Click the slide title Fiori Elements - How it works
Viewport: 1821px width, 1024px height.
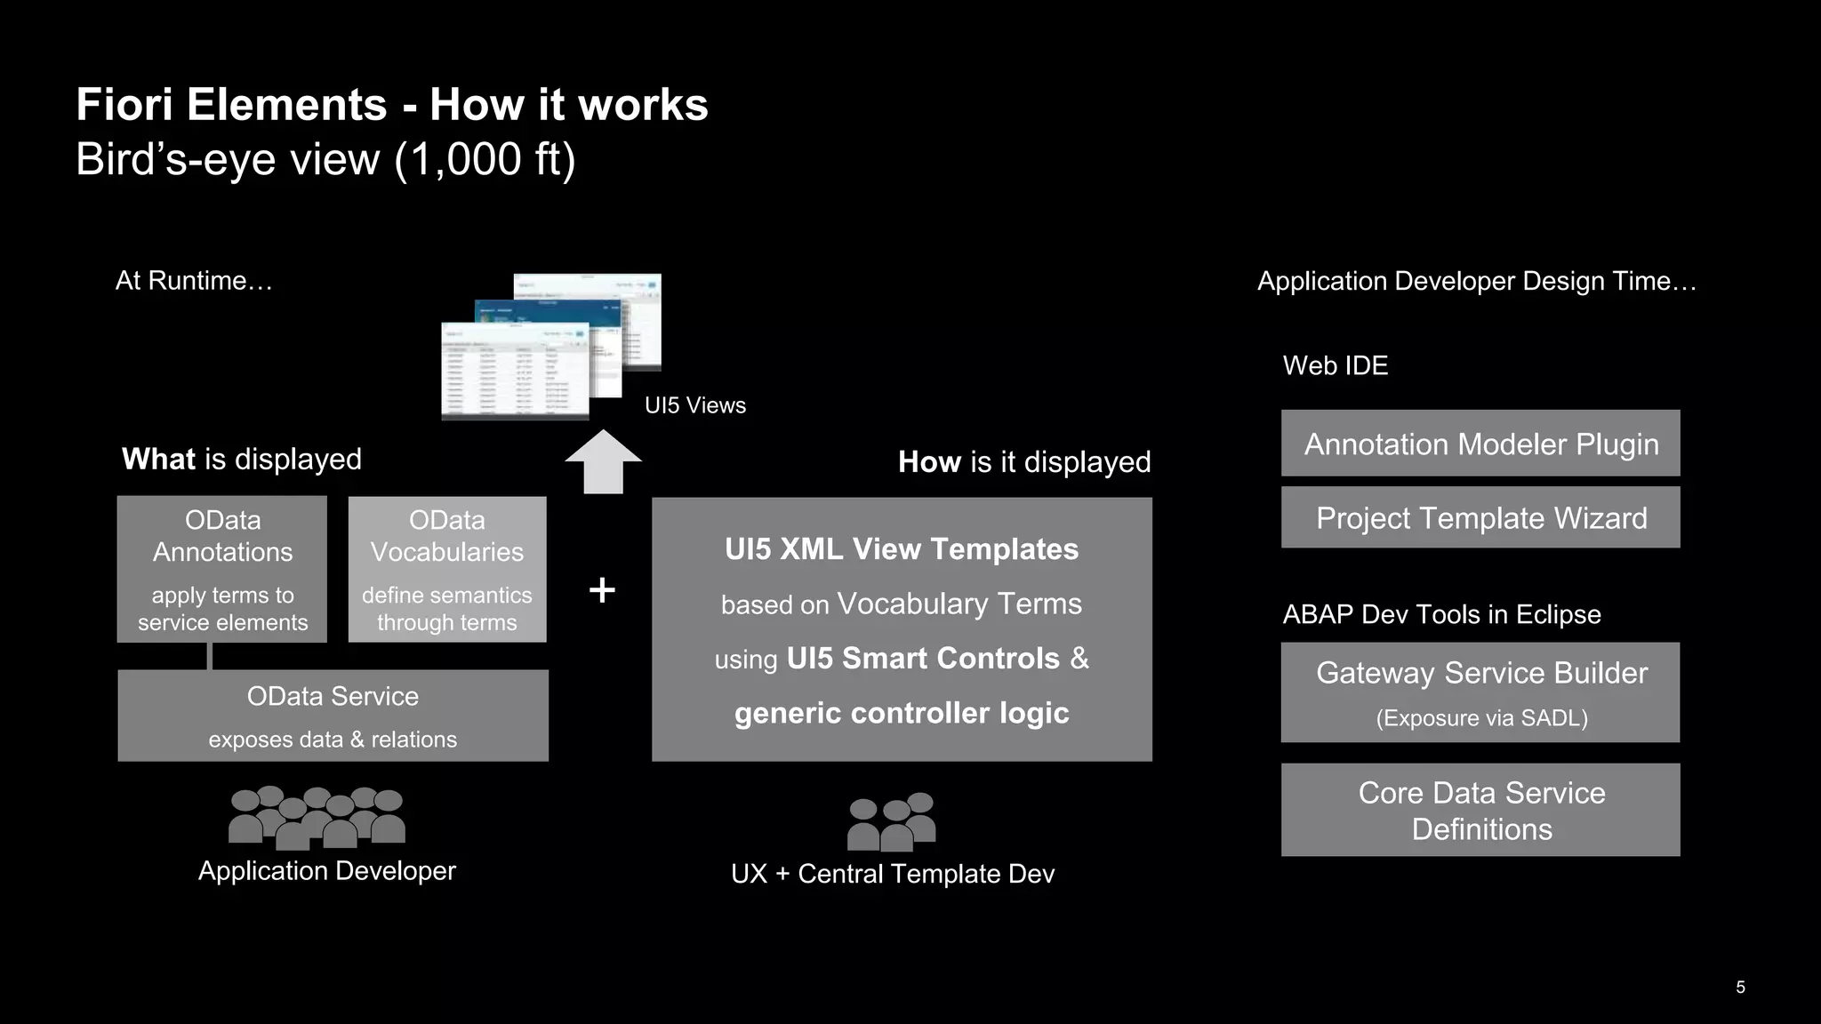point(391,105)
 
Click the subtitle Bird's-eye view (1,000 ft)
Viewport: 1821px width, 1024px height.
point(325,160)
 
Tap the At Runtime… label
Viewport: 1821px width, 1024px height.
point(194,281)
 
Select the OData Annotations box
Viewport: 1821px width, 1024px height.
point(222,569)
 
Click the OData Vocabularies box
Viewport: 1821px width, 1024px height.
point(447,569)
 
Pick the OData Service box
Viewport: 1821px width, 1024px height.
point(333,716)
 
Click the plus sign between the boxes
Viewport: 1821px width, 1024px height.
point(602,590)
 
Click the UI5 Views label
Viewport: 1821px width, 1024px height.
point(694,405)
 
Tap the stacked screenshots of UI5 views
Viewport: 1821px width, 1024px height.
point(550,347)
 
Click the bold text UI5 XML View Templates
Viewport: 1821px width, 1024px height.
point(901,549)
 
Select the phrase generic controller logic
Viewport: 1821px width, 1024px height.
point(901,713)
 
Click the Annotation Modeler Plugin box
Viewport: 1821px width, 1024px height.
point(1480,444)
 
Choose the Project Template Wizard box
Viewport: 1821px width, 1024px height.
point(1480,517)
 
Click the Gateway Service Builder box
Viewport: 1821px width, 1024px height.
point(1480,692)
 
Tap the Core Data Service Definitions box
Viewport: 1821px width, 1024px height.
point(1480,810)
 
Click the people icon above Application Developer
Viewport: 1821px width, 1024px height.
point(317,817)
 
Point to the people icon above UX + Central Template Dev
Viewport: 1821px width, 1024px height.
point(891,822)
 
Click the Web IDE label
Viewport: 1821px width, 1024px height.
point(1335,365)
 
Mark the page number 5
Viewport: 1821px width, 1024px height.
point(1740,987)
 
